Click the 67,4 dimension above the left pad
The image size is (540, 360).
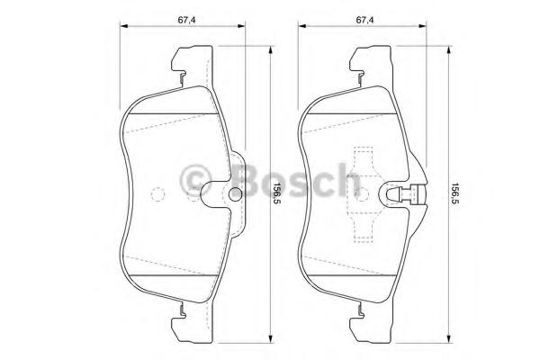[186, 21]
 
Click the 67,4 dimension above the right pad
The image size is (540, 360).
[364, 21]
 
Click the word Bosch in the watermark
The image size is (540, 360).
[296, 180]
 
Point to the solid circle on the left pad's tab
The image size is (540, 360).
[236, 193]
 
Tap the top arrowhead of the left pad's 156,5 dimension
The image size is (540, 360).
[271, 49]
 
